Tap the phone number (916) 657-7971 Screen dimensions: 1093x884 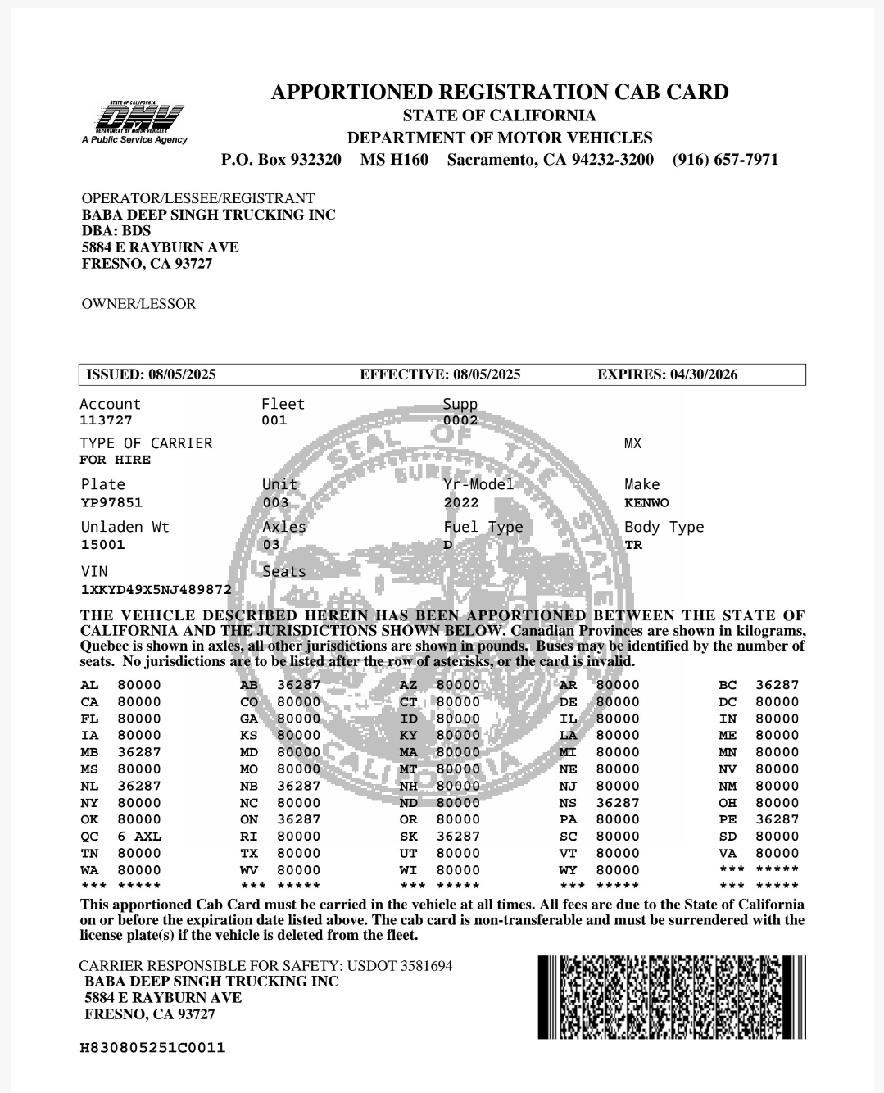725,160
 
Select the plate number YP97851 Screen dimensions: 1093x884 111,503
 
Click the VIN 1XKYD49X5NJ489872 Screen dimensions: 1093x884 156,590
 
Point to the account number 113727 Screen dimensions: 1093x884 106,421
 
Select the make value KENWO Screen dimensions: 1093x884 646,503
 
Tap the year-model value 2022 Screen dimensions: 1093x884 461,503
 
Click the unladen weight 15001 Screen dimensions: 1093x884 103,545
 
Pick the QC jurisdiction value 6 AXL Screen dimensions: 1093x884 139,837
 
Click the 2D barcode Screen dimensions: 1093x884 672,997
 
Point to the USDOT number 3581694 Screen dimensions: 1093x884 426,966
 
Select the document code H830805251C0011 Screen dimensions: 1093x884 152,1048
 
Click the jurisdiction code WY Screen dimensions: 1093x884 568,870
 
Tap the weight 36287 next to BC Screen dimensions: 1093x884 777,685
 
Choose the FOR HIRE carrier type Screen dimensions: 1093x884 115,460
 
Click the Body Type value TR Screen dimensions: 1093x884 633,545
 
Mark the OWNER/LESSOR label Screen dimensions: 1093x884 138,304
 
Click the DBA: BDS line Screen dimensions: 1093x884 116,231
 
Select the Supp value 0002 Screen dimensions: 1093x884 460,421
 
